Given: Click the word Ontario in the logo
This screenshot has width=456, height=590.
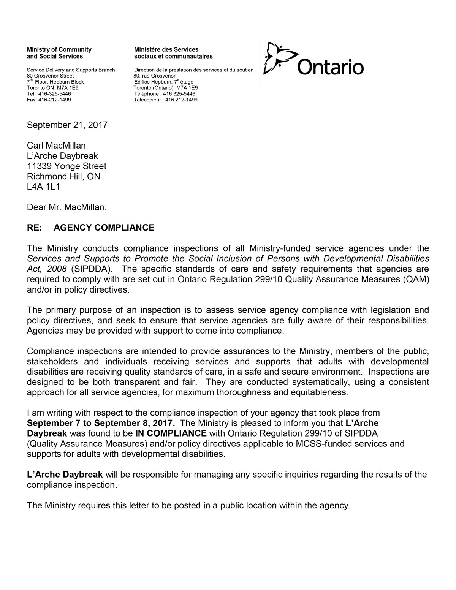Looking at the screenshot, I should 330,67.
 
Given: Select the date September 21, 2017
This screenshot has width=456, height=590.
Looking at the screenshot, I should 67,125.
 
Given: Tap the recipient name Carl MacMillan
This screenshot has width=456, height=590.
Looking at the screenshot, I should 56,146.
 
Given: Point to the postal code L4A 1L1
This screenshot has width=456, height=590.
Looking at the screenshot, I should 43,187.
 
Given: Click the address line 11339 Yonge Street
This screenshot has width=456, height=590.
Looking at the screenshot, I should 66,166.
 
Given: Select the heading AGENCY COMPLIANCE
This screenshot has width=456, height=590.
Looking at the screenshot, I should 104,228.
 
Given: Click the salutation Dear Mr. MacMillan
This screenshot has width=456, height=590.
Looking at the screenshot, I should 67,207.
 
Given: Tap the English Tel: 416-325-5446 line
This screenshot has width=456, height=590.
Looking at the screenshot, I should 49,94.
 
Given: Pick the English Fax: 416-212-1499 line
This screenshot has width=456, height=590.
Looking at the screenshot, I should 49,100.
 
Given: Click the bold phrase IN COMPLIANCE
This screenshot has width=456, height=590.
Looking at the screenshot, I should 171,433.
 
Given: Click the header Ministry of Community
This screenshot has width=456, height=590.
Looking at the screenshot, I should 59,49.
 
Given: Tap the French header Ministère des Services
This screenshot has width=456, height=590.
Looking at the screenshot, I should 166,49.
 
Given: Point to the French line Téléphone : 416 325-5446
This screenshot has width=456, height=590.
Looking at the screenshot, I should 165,94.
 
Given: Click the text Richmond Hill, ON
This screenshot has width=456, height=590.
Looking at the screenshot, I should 63,176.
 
